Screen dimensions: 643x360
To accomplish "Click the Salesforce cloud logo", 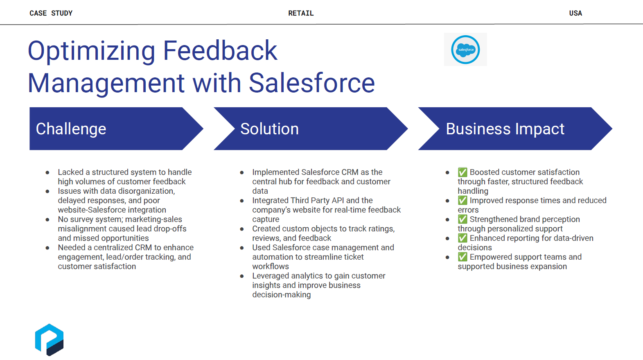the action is [x=465, y=50].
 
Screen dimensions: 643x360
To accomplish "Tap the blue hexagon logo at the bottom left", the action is [x=49, y=340].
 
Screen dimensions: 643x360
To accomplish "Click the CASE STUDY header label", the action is [x=51, y=13].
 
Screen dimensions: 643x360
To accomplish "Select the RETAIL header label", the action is [x=301, y=13].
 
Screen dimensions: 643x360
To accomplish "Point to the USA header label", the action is [x=575, y=13].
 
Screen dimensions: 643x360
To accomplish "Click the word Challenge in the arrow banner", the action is [x=71, y=129].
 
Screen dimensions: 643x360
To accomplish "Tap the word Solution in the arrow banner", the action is [x=269, y=129].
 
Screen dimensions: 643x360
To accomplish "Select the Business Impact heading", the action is [x=505, y=129].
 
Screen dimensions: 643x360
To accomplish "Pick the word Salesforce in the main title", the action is [x=312, y=83].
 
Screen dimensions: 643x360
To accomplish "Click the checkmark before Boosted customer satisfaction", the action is [x=463, y=172].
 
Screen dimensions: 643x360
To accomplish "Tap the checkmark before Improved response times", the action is [x=463, y=200].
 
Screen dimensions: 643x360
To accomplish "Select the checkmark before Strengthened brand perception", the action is [x=463, y=219].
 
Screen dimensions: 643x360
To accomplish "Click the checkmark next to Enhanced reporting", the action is [x=463, y=238].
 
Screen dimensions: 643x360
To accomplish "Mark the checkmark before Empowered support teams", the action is [x=463, y=257].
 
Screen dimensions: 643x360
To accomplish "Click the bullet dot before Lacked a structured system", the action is [x=47, y=172].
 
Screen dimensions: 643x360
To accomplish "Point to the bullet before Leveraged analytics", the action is [x=242, y=276].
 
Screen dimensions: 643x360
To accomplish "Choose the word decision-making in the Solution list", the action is [x=281, y=295].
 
